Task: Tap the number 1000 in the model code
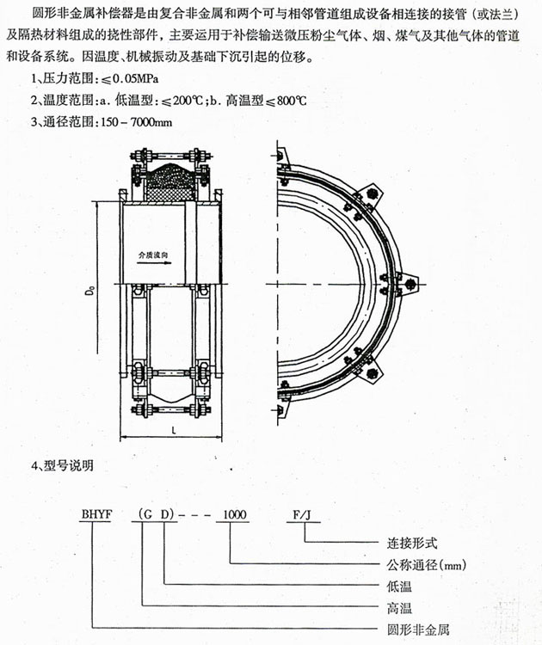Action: click(x=234, y=514)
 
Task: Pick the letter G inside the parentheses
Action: click(x=147, y=514)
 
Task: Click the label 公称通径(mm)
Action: click(x=422, y=565)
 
